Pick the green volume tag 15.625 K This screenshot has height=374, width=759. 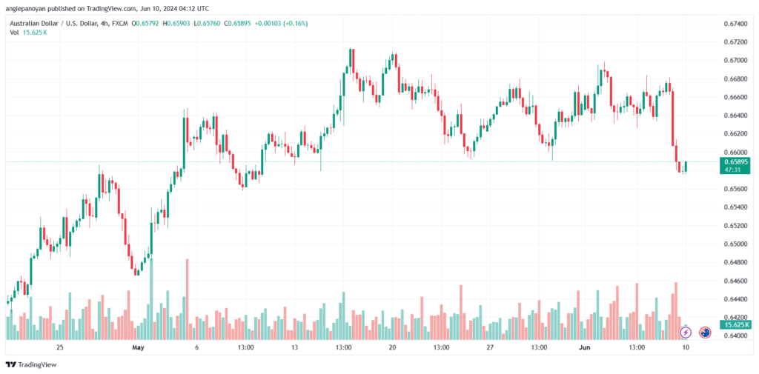coord(736,324)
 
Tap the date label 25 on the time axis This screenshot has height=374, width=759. coord(59,347)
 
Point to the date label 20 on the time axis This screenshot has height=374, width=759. coord(392,347)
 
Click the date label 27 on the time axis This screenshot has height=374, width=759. coord(490,347)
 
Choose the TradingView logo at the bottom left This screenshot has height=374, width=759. coord(32,364)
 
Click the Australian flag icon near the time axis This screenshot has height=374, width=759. coord(705,333)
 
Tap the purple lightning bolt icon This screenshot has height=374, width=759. coord(686,333)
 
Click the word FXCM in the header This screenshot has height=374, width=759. coord(119,24)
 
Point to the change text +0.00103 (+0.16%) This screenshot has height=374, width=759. coord(281,24)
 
